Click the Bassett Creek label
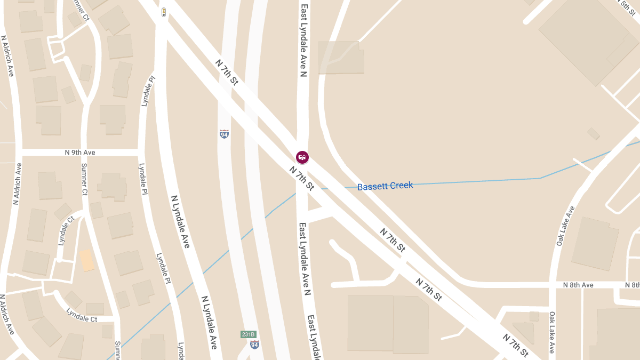click(385, 186)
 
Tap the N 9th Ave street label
click(80, 153)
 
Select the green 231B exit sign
click(249, 334)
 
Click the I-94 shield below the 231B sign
click(254, 345)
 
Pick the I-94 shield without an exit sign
click(224, 134)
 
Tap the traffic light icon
click(164, 11)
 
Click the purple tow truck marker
click(302, 157)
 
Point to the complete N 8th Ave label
click(578, 285)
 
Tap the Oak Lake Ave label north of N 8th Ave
click(565, 226)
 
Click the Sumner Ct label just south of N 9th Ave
click(84, 179)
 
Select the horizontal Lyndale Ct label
click(82, 315)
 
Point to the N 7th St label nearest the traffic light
click(226, 71)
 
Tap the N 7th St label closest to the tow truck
click(301, 178)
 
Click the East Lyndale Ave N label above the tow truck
click(303, 41)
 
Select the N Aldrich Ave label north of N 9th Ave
click(7, 57)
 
